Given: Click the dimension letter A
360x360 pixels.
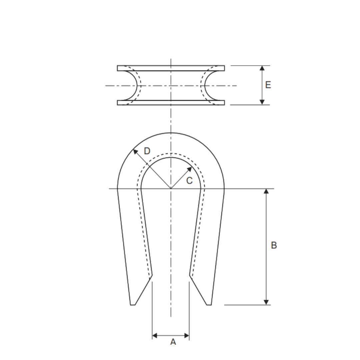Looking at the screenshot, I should tap(173, 342).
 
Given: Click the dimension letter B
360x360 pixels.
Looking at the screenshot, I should tap(274, 245).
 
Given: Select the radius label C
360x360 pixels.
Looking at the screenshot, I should tap(189, 181).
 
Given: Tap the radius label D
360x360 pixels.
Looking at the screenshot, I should tap(147, 151).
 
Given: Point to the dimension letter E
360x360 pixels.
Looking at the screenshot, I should tap(268, 85).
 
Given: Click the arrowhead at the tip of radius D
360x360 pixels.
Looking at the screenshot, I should tap(135, 151).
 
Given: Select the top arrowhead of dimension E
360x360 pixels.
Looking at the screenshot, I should tap(262, 68).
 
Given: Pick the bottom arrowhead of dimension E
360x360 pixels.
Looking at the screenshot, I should tap(262, 102).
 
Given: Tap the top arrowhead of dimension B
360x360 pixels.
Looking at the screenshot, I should tap(266, 191).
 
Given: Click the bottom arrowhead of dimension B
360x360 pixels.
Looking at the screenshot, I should tap(266, 302).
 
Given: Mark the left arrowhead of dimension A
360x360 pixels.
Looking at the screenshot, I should tap(155, 335).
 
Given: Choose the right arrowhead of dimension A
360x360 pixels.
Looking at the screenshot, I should tap(187, 335).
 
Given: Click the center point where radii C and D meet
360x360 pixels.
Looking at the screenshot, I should tap(171, 189).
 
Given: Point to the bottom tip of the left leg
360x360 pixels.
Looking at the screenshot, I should tap(132, 304).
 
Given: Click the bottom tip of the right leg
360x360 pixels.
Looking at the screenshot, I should tap(209, 304).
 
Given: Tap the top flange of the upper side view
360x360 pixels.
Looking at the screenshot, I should tap(171, 68).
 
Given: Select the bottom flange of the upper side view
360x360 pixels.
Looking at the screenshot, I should tap(171, 103).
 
